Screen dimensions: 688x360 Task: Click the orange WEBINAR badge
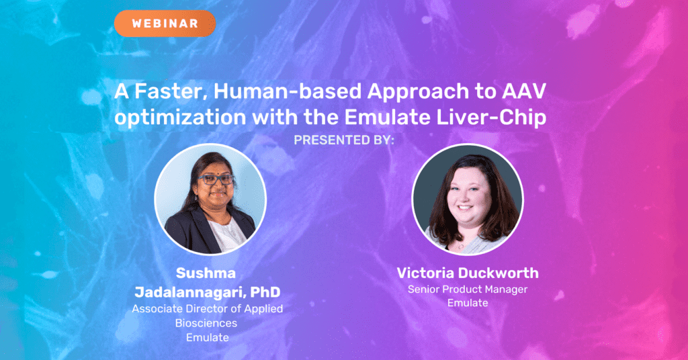coord(165,24)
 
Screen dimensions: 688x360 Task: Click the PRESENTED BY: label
coord(344,140)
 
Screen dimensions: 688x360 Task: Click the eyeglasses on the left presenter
coord(216,179)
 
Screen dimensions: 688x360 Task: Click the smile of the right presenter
coord(466,208)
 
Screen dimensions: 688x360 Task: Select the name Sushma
coord(206,273)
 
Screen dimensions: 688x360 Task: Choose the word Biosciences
coord(206,323)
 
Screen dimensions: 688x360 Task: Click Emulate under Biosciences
coord(208,337)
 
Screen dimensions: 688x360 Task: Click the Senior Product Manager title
coord(468,289)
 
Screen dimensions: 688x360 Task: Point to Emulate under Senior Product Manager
coord(468,302)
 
